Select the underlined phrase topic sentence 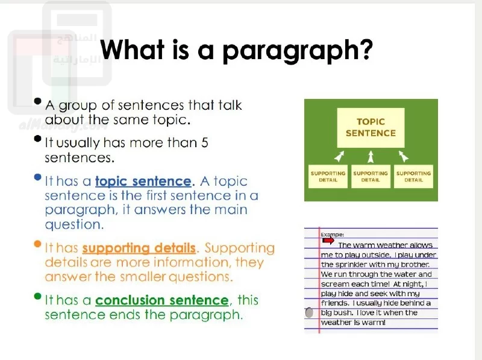tap(143, 182)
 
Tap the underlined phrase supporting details tap(139, 248)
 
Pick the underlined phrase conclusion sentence tap(162, 300)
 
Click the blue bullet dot tap(37, 177)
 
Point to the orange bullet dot tap(37, 244)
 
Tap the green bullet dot tap(37, 296)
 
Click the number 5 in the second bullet tap(205, 143)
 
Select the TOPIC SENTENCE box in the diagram tap(371, 128)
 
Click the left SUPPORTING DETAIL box tap(328, 177)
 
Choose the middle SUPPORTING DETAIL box tap(371, 177)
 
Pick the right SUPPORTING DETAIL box tap(413, 177)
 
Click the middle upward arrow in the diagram tap(371, 156)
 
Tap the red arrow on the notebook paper tap(328, 241)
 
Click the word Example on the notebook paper tap(332, 235)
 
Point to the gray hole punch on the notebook tap(309, 312)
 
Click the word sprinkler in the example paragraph tap(351, 265)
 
